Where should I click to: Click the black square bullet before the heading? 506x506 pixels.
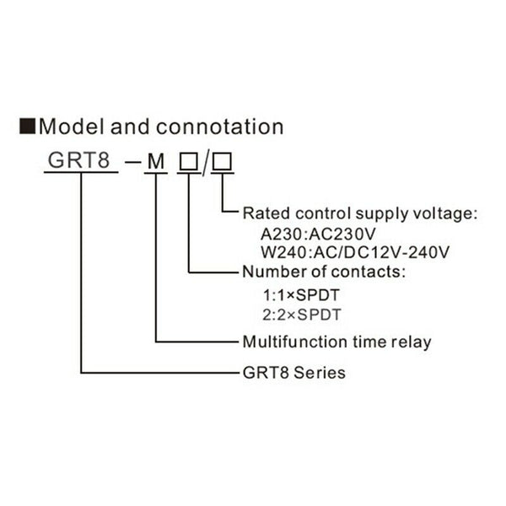click(x=28, y=127)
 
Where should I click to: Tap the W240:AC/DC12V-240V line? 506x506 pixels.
click(x=355, y=252)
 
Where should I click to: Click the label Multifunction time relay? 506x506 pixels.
click(x=336, y=342)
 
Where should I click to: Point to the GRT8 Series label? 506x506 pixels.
click(x=293, y=372)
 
